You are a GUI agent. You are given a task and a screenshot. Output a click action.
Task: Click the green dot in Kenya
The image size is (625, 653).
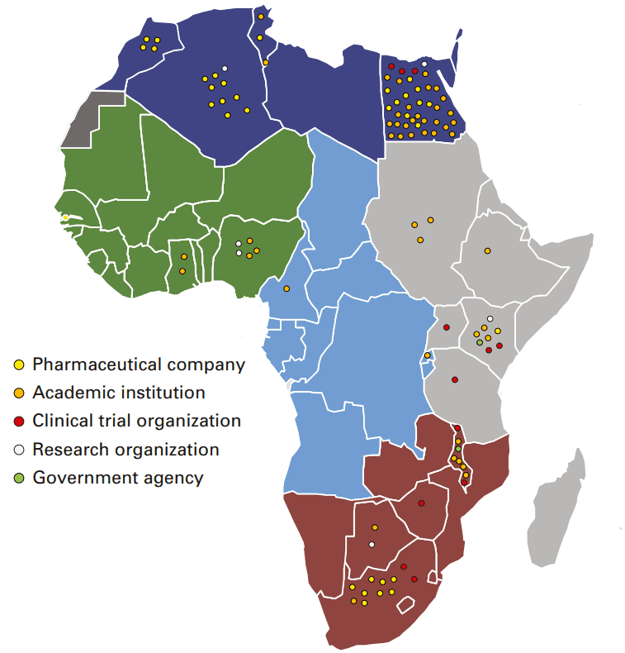click(x=480, y=342)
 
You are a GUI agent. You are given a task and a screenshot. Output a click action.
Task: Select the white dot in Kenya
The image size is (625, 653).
click(x=490, y=318)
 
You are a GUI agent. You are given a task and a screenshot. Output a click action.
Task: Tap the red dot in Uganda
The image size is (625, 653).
click(x=446, y=327)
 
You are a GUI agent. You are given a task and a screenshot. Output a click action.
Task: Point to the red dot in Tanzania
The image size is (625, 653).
click(x=454, y=379)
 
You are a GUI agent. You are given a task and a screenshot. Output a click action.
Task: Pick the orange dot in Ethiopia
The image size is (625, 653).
click(x=487, y=250)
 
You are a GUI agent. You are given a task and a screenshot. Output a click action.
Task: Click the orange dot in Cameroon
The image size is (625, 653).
click(x=286, y=288)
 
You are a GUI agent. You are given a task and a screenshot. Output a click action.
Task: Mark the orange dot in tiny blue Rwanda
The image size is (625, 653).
click(x=427, y=355)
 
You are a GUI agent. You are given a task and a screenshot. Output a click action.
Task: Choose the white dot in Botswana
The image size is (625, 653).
click(x=372, y=544)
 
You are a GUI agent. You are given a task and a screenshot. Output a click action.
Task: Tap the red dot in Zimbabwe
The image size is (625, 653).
click(x=421, y=503)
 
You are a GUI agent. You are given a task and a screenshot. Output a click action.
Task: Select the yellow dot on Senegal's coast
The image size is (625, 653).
click(x=65, y=217)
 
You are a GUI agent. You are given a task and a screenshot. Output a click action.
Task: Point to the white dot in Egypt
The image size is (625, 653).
click(x=424, y=64)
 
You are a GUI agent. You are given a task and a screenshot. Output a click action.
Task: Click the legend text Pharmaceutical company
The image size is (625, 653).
click(x=139, y=364)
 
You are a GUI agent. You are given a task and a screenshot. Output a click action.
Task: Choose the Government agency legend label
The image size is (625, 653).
click(x=117, y=478)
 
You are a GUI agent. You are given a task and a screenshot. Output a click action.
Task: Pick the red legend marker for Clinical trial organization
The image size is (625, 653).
click(x=19, y=421)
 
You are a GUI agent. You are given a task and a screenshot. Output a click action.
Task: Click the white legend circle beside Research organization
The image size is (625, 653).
click(x=19, y=450)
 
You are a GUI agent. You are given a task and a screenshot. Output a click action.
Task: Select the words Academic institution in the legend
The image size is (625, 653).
click(x=119, y=393)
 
